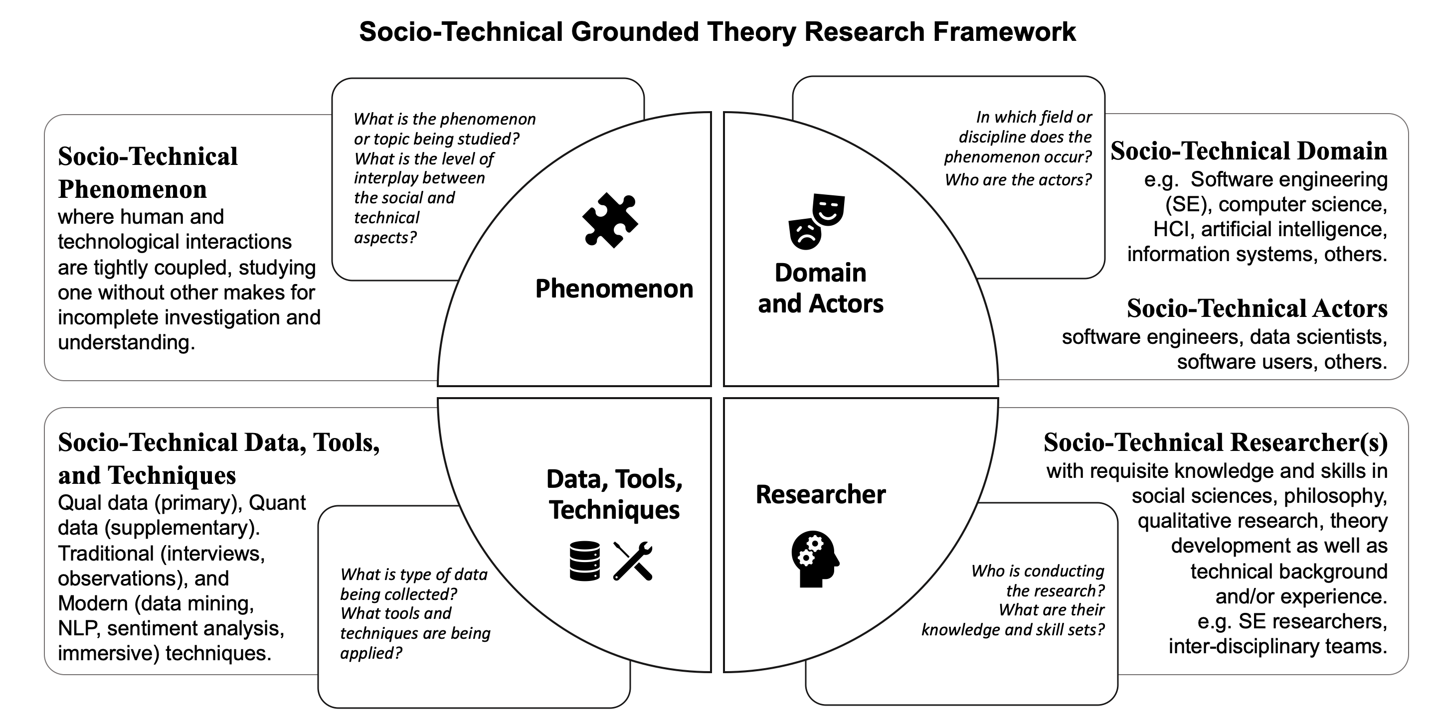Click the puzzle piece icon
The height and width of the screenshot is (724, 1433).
click(x=610, y=220)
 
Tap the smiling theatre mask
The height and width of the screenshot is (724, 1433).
click(x=828, y=209)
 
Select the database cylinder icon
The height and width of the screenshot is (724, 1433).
click(x=585, y=561)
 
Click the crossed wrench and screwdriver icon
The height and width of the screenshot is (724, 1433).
click(x=633, y=561)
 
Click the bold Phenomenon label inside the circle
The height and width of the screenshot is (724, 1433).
click(x=614, y=289)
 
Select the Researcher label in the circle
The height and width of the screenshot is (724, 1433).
click(x=821, y=494)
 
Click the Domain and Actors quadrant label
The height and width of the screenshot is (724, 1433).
click(x=821, y=288)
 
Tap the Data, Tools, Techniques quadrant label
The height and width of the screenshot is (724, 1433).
click(x=614, y=494)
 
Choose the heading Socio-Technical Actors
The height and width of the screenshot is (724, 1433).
click(x=1256, y=308)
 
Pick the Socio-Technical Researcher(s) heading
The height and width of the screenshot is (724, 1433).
click(x=1215, y=442)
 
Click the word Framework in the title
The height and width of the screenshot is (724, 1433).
click(x=1005, y=32)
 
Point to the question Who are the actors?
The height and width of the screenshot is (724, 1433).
click(x=1018, y=179)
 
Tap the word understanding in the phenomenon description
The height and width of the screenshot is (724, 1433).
click(x=126, y=342)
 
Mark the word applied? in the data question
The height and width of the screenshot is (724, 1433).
click(x=370, y=653)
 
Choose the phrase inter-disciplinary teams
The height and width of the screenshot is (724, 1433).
click(x=1277, y=646)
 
